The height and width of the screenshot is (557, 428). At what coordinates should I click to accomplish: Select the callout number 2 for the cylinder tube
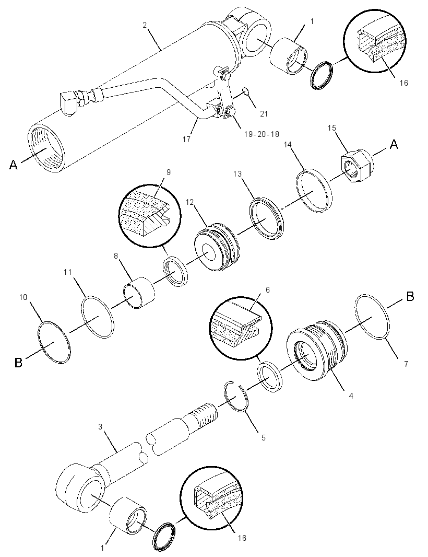pos(145,25)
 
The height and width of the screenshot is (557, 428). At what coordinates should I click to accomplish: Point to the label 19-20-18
pos(261,134)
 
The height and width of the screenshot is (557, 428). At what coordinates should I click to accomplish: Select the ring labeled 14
pos(314,191)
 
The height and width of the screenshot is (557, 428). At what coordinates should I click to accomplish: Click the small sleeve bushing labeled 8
pos(139,293)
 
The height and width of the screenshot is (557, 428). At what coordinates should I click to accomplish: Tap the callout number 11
pos(67,272)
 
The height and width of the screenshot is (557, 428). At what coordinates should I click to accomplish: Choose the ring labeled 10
pos(54,342)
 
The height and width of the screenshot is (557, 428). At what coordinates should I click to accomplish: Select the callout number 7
pos(406,364)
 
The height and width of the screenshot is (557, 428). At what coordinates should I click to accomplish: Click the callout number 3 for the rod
pos(100,426)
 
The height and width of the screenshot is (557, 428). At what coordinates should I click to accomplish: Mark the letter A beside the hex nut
pos(394,145)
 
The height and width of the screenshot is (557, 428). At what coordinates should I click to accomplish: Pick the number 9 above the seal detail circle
pos(168,172)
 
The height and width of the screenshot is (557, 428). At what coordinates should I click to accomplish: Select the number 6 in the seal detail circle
pos(267,290)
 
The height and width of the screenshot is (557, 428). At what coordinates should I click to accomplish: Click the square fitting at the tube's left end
pos(68,102)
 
